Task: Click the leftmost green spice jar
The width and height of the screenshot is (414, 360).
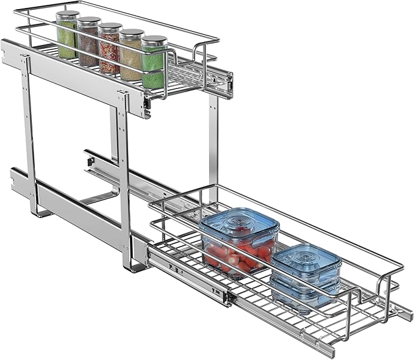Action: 67,38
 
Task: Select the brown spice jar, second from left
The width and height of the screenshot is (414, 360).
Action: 88,46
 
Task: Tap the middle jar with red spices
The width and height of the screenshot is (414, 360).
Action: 110,52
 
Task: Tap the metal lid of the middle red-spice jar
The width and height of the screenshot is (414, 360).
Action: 110,27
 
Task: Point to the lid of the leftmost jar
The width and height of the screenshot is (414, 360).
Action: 68,14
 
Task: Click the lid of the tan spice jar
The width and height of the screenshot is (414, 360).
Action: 132,34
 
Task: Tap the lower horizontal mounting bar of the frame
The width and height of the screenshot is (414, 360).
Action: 73,207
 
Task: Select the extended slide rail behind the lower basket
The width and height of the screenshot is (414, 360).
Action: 122,174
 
